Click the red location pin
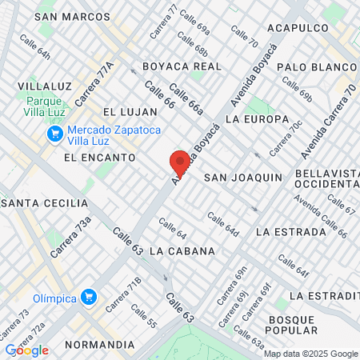click(x=180, y=162)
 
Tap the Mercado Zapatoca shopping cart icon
click(x=55, y=133)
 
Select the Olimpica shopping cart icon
click(x=89, y=298)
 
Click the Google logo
click(x=26, y=350)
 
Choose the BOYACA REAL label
click(x=182, y=66)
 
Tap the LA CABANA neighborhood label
click(x=182, y=250)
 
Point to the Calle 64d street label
click(x=223, y=223)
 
